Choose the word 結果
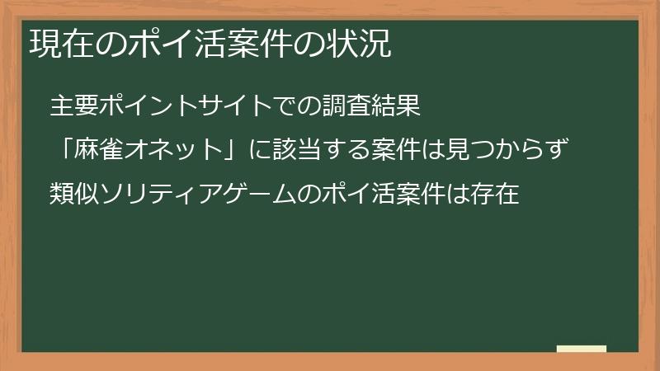click(x=398, y=106)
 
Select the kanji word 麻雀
click(x=100, y=151)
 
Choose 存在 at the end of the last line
click(x=495, y=196)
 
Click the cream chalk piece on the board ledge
click(x=581, y=349)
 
